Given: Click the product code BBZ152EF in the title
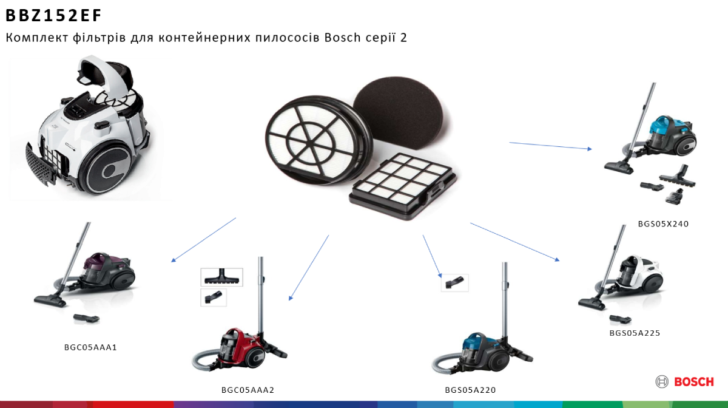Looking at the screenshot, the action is pos(53,15).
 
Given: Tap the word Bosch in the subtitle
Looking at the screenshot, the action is pos(343,38).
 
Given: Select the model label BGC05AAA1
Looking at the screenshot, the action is pos(90,347).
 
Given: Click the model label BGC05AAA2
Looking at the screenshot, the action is pos(248,390).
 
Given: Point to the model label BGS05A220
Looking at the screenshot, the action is pos(470,390).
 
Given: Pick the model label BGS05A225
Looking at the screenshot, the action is pos(635,333).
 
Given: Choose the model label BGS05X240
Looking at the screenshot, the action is pos(663,224).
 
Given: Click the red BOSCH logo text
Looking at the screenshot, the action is pos(694,382).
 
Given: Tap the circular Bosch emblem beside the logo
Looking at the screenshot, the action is pos(662,382).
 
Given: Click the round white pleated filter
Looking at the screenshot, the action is pos(317,140).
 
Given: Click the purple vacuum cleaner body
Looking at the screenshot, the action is pos(107,271).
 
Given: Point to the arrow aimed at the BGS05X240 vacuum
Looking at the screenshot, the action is pos(551,146).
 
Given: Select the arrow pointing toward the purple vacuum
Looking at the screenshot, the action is pos(203,240).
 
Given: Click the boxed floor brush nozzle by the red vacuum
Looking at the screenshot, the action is pos(221,277).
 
